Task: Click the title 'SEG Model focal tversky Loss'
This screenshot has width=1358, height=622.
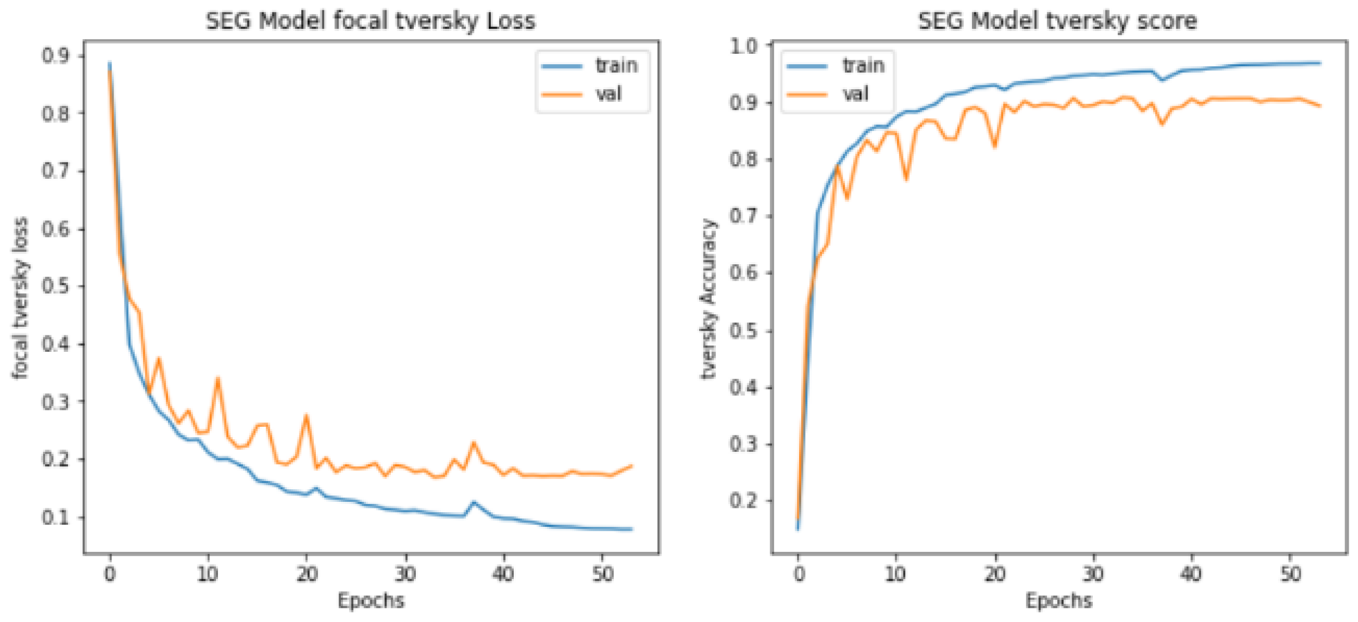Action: point(370,22)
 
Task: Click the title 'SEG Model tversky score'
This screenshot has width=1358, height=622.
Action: point(1057,22)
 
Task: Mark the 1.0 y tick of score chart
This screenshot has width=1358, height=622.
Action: point(744,46)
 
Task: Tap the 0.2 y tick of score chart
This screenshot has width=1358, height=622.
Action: point(744,500)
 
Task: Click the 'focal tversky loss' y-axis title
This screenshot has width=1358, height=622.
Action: point(20,298)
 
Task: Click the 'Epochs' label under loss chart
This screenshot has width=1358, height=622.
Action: point(371,601)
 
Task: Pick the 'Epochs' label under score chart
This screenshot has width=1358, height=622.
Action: point(1058,601)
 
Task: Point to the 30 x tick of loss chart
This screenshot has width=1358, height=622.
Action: point(405,574)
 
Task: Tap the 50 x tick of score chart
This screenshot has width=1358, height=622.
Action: point(1290,574)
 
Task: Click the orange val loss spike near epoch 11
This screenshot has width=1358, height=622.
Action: point(217,378)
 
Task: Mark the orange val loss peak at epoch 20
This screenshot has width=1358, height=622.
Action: point(306,416)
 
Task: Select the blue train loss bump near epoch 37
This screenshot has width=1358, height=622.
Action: point(474,502)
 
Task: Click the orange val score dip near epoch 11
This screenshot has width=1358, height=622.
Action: point(906,178)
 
